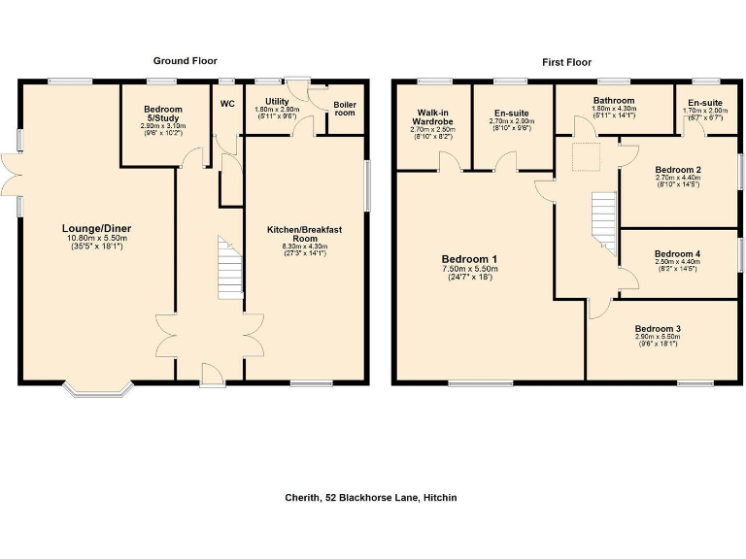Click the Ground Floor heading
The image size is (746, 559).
[x=185, y=60]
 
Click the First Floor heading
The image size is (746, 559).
[x=565, y=62]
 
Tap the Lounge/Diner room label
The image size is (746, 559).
[x=98, y=229]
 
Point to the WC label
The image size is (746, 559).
[x=227, y=104]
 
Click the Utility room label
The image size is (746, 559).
[x=277, y=102]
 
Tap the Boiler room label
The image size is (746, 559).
[x=345, y=109]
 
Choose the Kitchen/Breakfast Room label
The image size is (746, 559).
[x=305, y=234]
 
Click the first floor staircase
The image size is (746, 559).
[x=604, y=220]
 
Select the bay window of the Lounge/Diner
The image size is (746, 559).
[x=97, y=391]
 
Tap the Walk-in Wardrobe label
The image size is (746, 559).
[x=432, y=117]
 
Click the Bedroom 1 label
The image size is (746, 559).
[x=469, y=259]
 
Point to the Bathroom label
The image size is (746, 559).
[x=614, y=101]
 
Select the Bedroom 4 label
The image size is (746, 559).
[x=678, y=253]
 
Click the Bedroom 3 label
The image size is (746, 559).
[x=659, y=329]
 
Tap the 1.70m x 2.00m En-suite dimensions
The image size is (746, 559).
[x=705, y=111]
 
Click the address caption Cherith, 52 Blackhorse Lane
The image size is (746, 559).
[x=372, y=498]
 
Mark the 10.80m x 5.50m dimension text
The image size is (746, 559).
[x=98, y=239]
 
